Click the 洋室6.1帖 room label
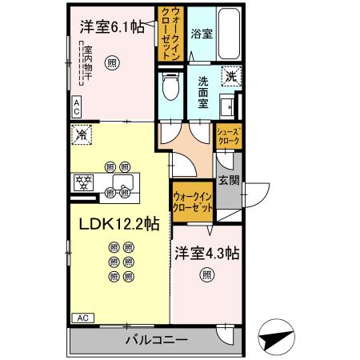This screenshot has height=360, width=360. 113,27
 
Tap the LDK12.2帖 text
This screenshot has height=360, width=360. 119,226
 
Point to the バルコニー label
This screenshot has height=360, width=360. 156,341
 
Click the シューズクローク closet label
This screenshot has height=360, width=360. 228,137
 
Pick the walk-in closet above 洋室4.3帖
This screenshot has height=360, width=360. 193,202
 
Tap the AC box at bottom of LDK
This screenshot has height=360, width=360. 82,318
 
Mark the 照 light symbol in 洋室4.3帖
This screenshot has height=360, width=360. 207,277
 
